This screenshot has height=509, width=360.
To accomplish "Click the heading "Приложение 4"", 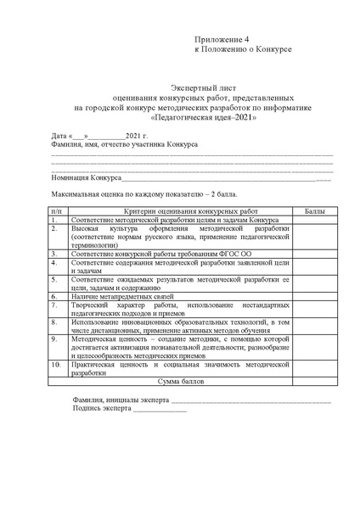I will (x=222, y=40).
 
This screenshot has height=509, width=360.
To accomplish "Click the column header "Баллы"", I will (x=313, y=208).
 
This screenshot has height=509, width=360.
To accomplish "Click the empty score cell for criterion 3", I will (x=313, y=253).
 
